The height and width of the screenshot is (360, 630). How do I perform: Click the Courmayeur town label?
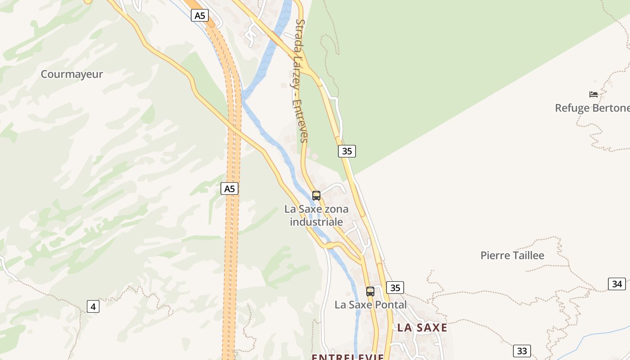tap(72, 74)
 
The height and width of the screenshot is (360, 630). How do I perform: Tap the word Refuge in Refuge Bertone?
tap(571, 108)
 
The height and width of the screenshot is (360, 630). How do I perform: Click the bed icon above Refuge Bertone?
tap(594, 94)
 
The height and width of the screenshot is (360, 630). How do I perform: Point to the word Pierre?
tap(495, 256)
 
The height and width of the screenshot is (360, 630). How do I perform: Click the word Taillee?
tap(529, 256)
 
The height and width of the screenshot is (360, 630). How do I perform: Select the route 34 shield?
tap(617, 284)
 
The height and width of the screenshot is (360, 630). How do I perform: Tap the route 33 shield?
tap(522, 351)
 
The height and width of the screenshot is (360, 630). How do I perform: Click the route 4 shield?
tap(93, 307)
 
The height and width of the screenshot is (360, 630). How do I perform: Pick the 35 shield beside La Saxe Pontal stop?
tap(395, 288)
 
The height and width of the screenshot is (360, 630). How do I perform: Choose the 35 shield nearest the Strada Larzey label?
tap(347, 151)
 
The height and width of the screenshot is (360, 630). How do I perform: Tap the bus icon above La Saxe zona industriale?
tap(316, 196)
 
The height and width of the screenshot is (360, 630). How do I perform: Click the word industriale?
tap(316, 222)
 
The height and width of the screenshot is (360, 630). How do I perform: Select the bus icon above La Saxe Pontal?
tap(370, 292)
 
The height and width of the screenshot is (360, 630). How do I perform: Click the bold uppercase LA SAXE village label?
tap(422, 328)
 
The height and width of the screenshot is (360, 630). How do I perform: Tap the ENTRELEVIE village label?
tap(348, 357)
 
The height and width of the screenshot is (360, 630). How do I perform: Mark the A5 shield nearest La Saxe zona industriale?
tap(229, 189)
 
